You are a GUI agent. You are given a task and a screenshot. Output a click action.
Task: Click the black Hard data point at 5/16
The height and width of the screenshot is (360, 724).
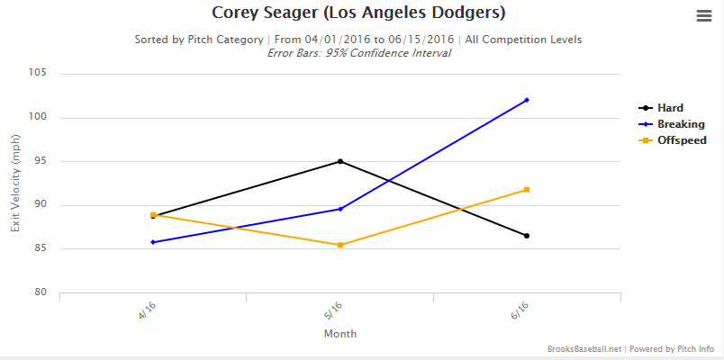(x=339, y=161)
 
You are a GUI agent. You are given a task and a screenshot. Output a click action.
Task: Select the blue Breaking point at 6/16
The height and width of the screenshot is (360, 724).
(x=527, y=100)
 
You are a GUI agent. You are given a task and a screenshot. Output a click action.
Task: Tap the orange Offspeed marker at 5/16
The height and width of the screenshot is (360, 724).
(x=339, y=245)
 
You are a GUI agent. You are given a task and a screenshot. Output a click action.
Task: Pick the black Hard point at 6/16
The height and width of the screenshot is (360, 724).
(x=527, y=236)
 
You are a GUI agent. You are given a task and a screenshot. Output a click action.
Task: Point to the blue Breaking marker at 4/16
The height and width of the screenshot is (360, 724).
(x=153, y=242)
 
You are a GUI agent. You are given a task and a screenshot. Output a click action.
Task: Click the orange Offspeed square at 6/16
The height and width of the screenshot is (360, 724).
(x=527, y=189)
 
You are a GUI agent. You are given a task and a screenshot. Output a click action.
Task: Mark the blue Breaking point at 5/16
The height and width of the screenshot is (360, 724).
(x=339, y=209)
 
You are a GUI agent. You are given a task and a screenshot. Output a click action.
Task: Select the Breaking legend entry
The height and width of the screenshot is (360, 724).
(x=681, y=124)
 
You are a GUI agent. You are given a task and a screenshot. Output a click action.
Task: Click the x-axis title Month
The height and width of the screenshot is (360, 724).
(x=339, y=334)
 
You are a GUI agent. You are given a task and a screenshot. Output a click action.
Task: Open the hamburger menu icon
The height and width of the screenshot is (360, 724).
(x=704, y=15)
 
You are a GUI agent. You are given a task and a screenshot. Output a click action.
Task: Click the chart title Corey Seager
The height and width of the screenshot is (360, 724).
(x=357, y=13)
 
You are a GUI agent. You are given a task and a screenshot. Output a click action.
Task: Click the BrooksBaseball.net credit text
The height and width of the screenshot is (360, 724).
(x=584, y=348)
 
